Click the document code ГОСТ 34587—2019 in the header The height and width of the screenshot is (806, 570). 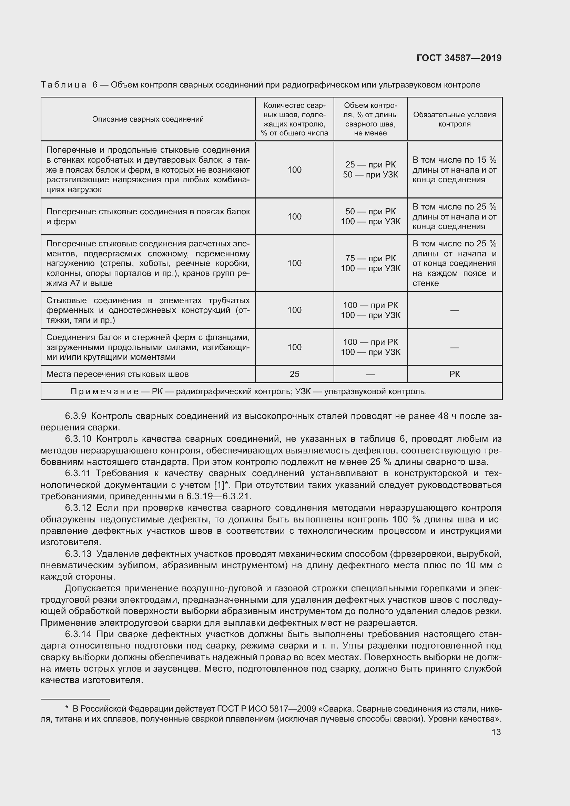[x=459, y=58]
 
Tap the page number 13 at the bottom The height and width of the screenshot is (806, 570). [x=496, y=732]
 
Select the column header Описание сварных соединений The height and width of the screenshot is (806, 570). [x=148, y=119]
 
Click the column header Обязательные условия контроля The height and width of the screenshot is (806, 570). [x=454, y=119]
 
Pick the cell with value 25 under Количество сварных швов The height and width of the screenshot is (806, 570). [x=294, y=374]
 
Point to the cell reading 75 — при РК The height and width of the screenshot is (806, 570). [x=370, y=258]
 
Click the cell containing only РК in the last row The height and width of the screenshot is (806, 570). [x=454, y=374]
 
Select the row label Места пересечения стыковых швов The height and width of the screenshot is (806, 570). [x=117, y=374]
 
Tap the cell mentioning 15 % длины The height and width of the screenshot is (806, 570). [x=454, y=170]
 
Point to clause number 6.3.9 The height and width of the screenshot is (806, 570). [x=75, y=416]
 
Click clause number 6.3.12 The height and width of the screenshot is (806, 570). [x=78, y=508]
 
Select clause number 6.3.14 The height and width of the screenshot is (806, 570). [x=78, y=634]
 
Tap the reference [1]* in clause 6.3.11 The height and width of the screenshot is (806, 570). [x=221, y=485]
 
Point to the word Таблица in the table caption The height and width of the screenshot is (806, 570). [x=63, y=85]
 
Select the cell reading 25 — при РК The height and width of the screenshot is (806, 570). [x=370, y=165]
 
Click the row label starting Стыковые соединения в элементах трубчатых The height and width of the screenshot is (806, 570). [x=148, y=310]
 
